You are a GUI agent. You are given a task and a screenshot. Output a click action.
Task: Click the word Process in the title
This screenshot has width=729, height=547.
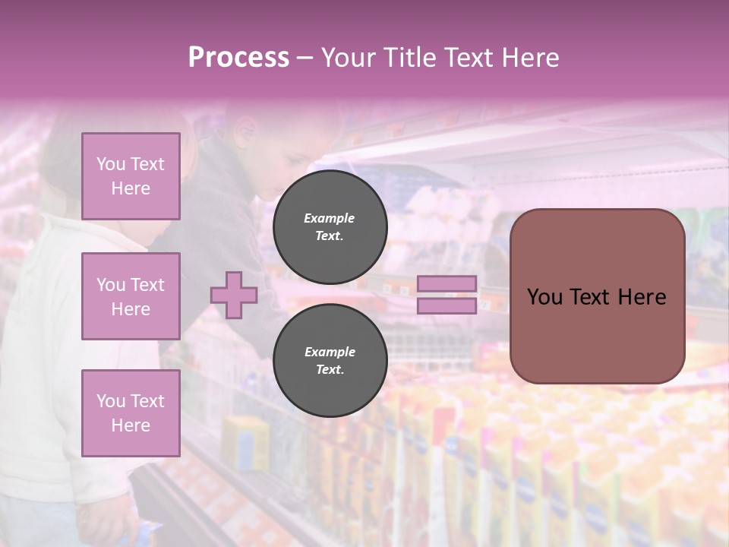click(x=238, y=58)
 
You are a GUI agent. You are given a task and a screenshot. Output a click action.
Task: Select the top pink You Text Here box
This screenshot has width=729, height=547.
click(x=131, y=176)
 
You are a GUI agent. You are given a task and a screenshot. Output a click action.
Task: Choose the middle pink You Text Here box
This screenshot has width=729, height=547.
click(x=131, y=296)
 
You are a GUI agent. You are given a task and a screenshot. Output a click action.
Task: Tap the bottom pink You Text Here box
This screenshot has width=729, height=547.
click(x=131, y=413)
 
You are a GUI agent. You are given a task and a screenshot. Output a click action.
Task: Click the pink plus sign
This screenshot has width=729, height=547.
click(x=234, y=295)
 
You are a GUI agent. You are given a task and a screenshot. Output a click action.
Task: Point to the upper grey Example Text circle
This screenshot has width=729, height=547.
click(x=330, y=226)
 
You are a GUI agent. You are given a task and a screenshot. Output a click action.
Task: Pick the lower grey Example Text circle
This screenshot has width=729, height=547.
click(x=330, y=360)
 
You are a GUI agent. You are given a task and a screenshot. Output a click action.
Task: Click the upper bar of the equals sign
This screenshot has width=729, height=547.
click(x=447, y=284)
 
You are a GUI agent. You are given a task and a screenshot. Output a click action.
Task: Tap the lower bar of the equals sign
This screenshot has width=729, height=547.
click(x=447, y=305)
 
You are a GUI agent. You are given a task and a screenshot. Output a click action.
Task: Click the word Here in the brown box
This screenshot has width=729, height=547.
click(x=641, y=297)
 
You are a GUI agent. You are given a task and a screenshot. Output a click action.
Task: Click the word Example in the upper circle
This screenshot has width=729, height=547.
click(x=329, y=218)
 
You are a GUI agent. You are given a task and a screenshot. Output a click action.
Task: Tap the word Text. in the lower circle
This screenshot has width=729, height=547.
click(x=329, y=370)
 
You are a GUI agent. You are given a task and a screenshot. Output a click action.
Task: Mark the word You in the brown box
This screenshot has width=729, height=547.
click(x=544, y=297)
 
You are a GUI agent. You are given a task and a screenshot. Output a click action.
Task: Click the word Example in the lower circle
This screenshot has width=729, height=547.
click(x=330, y=352)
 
